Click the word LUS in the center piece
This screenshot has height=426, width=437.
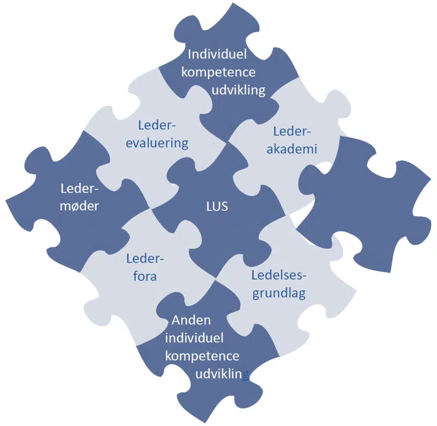point(218,207)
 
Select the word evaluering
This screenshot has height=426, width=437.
point(155,143)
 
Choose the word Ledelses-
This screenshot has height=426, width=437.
point(279,275)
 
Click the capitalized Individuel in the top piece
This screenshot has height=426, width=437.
point(217,55)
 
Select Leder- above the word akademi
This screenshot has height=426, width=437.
point(291,131)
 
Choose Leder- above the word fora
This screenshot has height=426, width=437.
point(145,258)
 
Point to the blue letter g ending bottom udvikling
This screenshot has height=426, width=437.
point(246,375)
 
